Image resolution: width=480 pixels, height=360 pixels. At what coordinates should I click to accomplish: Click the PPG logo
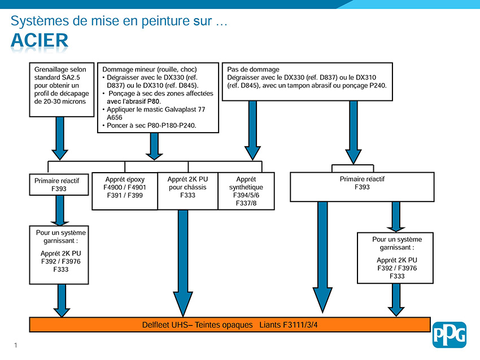[x=449, y=335]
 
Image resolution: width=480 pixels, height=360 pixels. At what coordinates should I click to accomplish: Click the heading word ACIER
[x=40, y=41]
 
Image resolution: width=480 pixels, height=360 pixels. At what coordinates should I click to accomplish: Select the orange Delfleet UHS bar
[x=230, y=324]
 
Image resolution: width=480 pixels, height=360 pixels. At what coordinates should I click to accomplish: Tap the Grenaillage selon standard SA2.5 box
[x=62, y=90]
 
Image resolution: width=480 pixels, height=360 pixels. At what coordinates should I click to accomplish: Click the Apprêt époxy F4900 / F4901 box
[x=125, y=191]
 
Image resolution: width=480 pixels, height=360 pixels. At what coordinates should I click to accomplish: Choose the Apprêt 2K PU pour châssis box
[x=187, y=191]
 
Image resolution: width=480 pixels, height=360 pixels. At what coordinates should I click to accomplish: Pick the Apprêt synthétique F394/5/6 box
[x=246, y=191]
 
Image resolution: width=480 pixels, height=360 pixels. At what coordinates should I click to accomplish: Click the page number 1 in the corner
[x=16, y=345]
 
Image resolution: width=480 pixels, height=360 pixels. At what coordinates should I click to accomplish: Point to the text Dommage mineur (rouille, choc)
[x=150, y=69]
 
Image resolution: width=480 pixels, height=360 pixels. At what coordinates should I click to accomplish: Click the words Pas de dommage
[x=253, y=69]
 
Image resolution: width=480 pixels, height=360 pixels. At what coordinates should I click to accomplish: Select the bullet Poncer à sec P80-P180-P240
[x=150, y=125]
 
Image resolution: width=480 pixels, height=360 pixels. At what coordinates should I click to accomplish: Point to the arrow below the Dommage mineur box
[x=154, y=147]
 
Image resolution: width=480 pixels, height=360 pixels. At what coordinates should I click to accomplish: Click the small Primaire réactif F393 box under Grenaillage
[x=59, y=185]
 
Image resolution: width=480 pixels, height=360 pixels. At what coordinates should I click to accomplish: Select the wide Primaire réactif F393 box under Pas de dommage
[x=362, y=187]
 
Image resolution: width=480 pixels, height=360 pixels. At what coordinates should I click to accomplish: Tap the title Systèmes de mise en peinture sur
[x=119, y=21]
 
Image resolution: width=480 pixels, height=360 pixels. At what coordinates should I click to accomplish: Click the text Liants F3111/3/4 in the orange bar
[x=289, y=325]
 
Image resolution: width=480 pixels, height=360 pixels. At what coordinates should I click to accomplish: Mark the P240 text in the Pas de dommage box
[x=378, y=86]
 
